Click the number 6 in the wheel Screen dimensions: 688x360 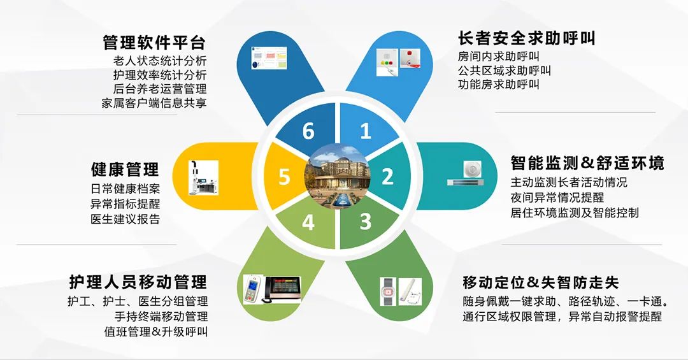308,131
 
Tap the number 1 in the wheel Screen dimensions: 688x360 366,131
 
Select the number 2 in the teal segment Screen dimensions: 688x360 387,176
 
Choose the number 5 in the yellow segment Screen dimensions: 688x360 284,176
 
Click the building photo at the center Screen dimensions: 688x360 338,176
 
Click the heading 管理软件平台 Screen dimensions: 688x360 154,43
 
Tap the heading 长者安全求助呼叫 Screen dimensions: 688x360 527,38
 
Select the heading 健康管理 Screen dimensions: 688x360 125,169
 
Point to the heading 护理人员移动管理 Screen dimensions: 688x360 138,282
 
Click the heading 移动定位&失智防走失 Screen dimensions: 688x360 541,282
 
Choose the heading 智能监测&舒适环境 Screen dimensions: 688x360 587,163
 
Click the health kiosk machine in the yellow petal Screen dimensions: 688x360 204,177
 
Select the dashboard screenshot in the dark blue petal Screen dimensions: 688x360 269,58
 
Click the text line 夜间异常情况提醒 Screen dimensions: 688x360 557,197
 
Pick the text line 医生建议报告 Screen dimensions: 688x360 125,219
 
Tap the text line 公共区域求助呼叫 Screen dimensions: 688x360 504,70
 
